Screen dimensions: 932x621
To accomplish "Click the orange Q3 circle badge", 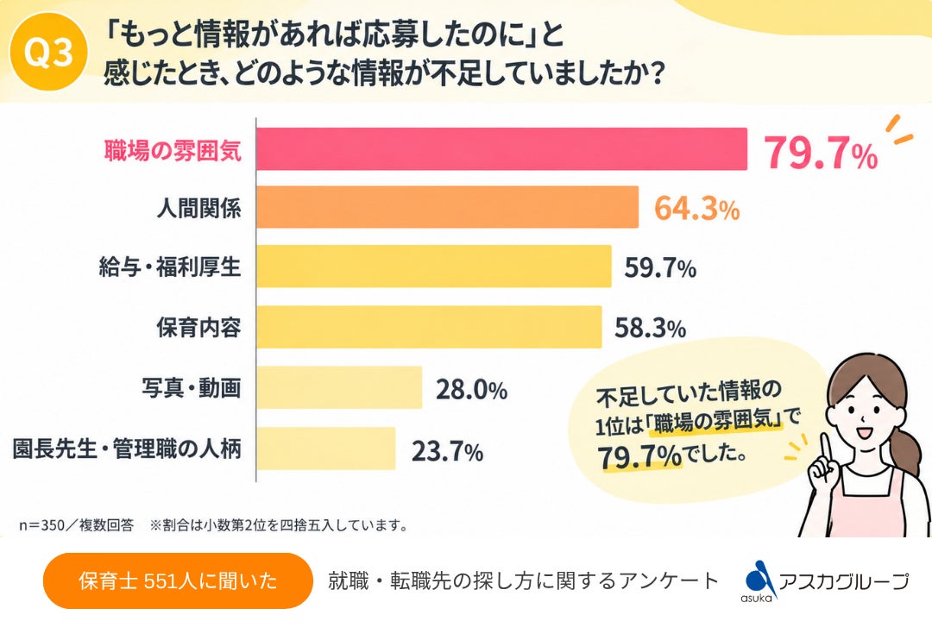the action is (49, 53).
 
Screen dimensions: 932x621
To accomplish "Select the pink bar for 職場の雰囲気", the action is (501, 149).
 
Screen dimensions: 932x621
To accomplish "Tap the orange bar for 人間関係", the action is (448, 207).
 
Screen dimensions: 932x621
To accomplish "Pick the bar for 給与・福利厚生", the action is (434, 267).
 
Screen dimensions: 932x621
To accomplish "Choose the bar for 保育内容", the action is (429, 327).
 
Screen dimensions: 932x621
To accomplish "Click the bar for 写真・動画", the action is (339, 387).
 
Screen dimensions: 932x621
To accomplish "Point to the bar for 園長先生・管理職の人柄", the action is (326, 448).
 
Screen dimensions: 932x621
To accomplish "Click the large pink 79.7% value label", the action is (821, 153).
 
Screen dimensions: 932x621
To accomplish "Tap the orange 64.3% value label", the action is (696, 209).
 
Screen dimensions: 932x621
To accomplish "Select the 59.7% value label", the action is (660, 268).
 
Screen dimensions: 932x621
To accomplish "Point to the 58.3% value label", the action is (651, 328).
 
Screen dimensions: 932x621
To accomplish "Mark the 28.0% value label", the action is (471, 390).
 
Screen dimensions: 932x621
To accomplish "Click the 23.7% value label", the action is (447, 452).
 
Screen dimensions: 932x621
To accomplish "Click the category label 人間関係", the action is (199, 208).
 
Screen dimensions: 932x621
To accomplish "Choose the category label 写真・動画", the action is (192, 387).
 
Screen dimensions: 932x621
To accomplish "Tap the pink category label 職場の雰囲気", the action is (173, 150).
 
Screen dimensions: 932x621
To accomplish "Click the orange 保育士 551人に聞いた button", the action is (178, 580).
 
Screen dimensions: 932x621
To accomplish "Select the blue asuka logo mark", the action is (759, 579).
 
